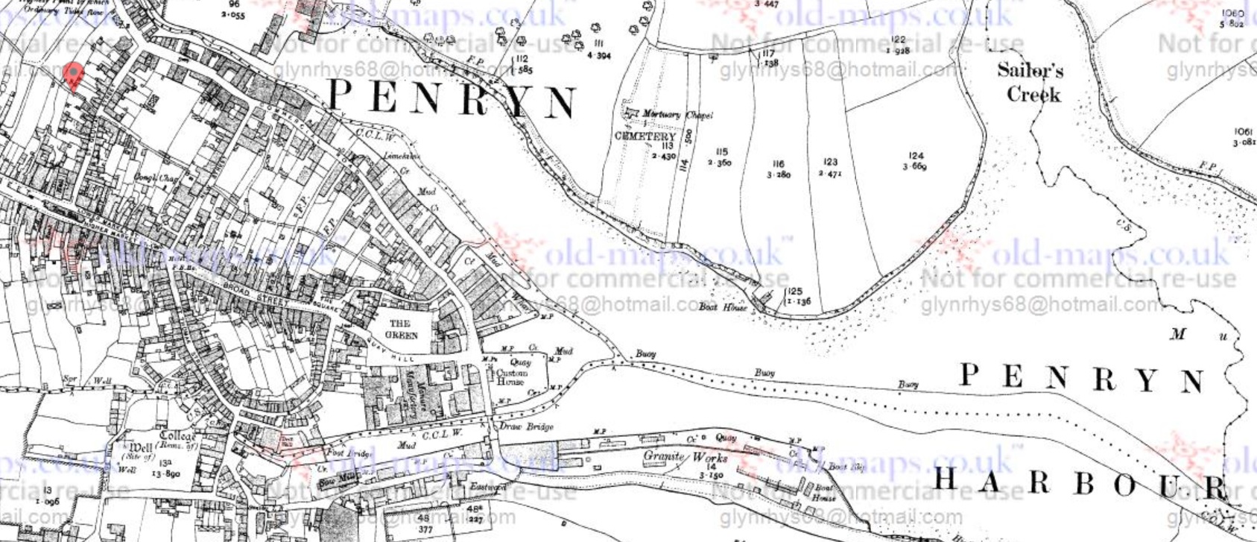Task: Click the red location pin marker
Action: pos(72,75)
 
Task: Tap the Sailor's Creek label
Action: pos(1030,82)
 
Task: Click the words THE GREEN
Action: pos(400,329)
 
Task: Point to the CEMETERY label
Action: pos(645,136)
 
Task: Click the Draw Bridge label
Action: pos(526,426)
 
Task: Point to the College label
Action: pos(177,437)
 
